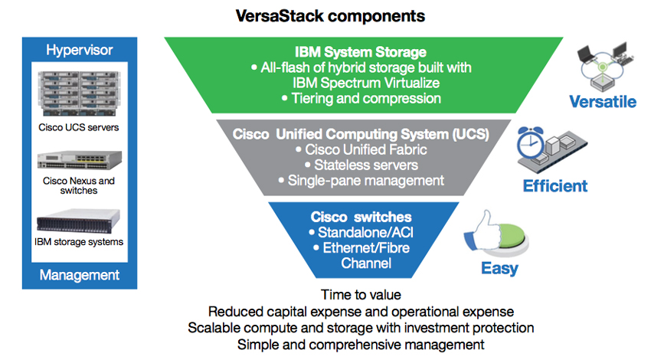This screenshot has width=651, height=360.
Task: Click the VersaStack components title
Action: (330, 16)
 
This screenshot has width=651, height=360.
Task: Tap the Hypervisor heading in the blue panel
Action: (80, 50)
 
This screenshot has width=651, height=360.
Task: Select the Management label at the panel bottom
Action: (80, 275)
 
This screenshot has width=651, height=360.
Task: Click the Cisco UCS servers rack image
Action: (79, 94)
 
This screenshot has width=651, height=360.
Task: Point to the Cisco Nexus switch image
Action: (80, 160)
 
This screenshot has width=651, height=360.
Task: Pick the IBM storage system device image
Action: (78, 221)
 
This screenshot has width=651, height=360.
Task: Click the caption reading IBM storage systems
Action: (79, 242)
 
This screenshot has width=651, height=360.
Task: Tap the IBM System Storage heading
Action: (361, 52)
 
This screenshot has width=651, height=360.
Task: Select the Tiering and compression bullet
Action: (361, 98)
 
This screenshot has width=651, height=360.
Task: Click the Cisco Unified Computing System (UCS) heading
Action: (361, 134)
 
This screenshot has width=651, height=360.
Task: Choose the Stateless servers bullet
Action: (361, 165)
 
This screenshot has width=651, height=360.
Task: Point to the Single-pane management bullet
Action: (361, 181)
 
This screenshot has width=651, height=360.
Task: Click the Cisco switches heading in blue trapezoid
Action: (361, 217)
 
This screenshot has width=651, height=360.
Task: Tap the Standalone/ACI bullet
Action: (361, 233)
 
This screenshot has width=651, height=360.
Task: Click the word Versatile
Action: (603, 102)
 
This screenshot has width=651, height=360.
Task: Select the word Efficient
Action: (555, 186)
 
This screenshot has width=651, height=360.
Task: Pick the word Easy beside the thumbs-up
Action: (499, 269)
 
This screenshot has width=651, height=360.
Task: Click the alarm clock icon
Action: (530, 142)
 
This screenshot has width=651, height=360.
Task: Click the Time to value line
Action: (361, 295)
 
